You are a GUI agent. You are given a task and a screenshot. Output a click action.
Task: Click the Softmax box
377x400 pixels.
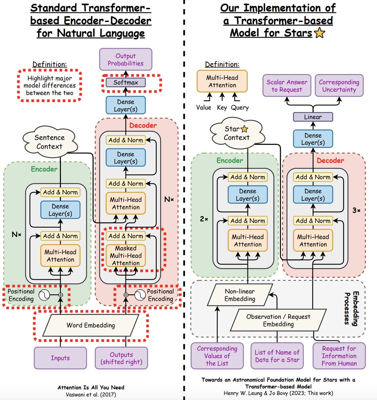(126, 82)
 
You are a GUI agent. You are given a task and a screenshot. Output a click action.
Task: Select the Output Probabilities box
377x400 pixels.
(126, 59)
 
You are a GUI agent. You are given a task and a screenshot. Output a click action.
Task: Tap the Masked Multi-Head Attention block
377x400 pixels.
(126, 256)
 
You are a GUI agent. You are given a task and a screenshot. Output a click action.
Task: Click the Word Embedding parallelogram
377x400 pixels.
(91, 325)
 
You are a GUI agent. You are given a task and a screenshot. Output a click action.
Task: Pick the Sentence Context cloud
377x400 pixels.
(50, 142)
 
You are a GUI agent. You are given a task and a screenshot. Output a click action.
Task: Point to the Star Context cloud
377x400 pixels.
(236, 133)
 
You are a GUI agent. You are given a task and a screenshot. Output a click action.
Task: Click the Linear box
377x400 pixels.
(313, 117)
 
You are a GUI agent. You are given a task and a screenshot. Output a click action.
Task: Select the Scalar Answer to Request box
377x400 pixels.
(287, 86)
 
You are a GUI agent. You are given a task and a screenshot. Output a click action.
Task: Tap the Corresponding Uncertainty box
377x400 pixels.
(339, 86)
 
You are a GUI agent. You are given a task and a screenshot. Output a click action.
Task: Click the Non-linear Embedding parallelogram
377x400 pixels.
(240, 295)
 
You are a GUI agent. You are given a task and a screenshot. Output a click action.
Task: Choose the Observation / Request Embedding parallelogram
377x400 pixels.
(278, 320)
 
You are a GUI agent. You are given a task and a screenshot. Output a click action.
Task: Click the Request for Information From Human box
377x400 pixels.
(339, 356)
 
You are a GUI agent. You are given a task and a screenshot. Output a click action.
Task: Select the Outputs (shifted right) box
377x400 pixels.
(121, 358)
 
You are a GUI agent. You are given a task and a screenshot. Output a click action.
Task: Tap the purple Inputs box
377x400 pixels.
(60, 358)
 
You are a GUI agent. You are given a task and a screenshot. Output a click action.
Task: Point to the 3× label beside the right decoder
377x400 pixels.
(356, 211)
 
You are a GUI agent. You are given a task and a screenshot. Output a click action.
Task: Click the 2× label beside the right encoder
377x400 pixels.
(204, 219)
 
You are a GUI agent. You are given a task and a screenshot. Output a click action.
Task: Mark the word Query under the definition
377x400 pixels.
(240, 108)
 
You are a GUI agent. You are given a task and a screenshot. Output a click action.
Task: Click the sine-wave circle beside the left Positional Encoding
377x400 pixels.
(44, 295)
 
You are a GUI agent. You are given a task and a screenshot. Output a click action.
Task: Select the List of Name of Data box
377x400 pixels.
(277, 356)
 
